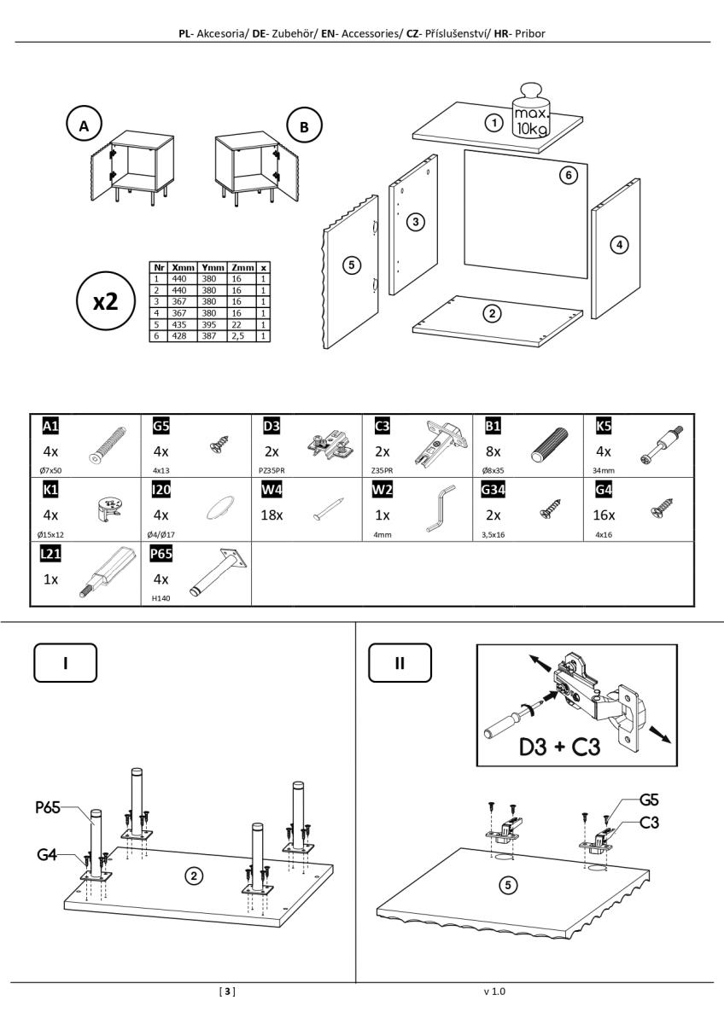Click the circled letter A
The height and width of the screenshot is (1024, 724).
(84, 126)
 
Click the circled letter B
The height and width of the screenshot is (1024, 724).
(301, 126)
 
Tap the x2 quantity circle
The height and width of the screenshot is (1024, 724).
(104, 301)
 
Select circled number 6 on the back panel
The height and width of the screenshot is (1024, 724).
(568, 175)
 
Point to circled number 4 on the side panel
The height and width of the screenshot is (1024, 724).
(619, 245)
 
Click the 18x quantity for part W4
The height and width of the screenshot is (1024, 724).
(272, 514)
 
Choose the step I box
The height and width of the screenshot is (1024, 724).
(65, 663)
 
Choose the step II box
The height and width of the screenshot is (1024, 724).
(400, 663)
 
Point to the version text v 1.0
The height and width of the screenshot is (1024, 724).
(495, 992)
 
